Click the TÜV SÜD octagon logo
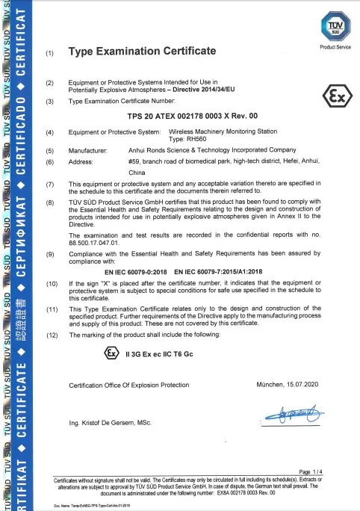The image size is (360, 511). (x=334, y=28)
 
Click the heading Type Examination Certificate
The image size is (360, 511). (x=142, y=52)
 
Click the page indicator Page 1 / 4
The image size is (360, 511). (x=309, y=471)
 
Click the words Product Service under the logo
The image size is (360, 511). (x=335, y=47)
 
